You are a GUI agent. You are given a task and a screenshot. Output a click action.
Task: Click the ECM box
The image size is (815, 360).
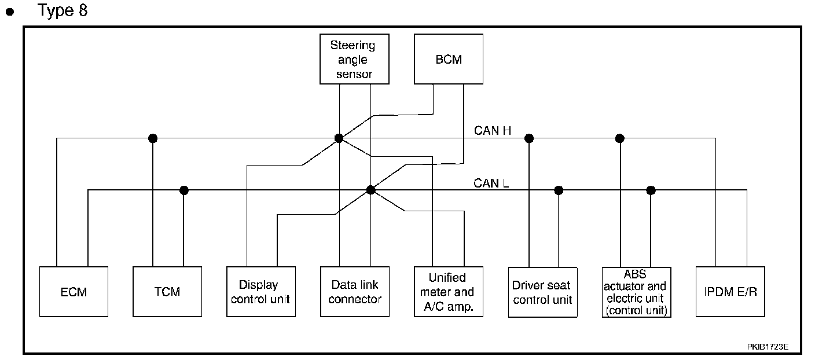(x=74, y=292)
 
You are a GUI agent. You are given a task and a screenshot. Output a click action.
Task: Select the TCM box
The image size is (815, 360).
(x=167, y=292)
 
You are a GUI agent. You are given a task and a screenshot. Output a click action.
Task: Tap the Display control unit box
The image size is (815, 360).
(x=261, y=292)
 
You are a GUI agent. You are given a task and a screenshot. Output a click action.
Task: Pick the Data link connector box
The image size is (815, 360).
(x=355, y=292)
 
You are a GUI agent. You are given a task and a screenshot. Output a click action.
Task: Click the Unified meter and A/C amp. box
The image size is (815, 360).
(x=449, y=292)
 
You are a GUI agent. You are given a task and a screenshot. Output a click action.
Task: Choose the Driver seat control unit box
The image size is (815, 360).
(x=542, y=292)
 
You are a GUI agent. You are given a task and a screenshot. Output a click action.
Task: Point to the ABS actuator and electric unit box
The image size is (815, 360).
(x=636, y=292)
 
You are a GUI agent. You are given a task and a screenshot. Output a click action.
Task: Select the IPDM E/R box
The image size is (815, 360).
(x=730, y=292)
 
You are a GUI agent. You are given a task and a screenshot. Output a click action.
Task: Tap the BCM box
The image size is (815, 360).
(x=449, y=59)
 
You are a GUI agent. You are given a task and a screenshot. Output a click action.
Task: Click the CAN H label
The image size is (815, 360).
(x=493, y=131)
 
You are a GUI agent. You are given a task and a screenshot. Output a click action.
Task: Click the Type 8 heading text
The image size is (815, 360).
(x=63, y=10)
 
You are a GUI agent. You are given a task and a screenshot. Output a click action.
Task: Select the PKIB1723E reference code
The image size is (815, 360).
(x=768, y=347)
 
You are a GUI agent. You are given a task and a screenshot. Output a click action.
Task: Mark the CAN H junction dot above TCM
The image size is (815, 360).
(x=153, y=138)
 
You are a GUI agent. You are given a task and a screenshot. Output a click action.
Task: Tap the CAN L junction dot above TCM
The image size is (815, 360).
(x=184, y=190)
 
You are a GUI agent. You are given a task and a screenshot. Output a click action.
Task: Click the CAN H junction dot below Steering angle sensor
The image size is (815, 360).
(x=339, y=138)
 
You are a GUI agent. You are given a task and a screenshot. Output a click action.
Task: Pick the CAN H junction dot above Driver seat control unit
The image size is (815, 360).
(x=528, y=138)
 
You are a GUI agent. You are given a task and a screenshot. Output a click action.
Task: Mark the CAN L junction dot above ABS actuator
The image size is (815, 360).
(x=651, y=190)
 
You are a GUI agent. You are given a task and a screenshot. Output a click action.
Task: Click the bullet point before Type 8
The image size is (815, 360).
(x=10, y=12)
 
